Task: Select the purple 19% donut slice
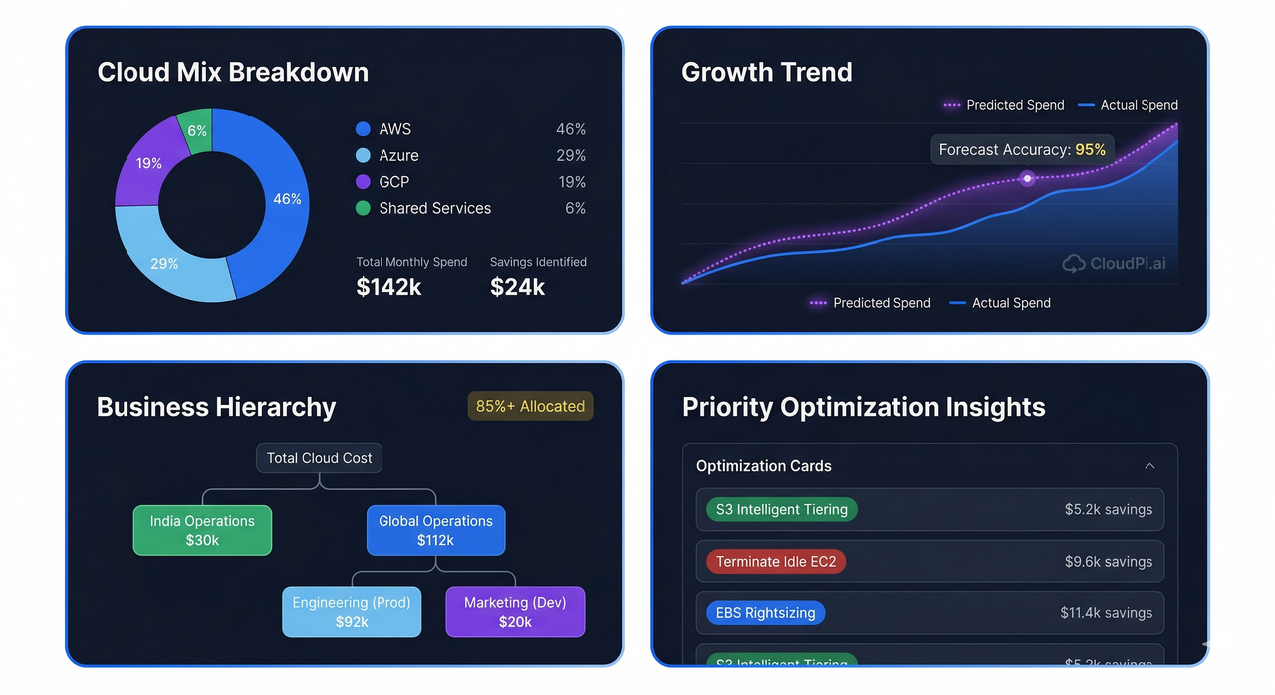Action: (149, 163)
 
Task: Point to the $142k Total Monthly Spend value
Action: (388, 287)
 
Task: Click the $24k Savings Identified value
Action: (517, 287)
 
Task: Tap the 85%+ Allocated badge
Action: (530, 406)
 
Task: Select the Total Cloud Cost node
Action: (319, 458)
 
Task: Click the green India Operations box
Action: (202, 530)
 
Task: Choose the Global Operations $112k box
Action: (435, 530)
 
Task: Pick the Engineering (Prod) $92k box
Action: (352, 612)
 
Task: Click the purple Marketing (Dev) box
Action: (515, 612)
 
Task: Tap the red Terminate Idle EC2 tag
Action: (776, 562)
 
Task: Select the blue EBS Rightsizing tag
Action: (765, 613)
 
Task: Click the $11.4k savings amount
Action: (1106, 613)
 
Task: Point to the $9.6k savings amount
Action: (1108, 562)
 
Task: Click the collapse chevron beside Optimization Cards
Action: (1149, 466)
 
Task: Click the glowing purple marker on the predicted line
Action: (1028, 179)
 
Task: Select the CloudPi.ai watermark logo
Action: (1114, 264)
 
